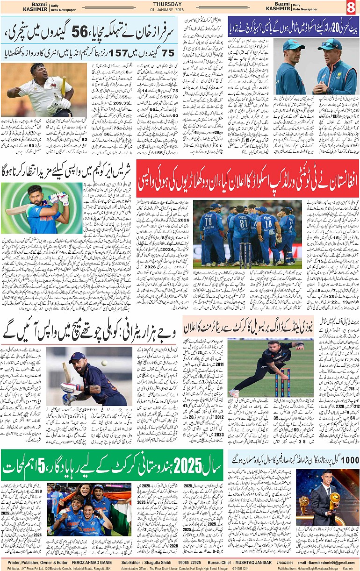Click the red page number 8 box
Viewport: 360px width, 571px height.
(350, 7)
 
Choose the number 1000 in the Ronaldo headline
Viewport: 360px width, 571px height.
(350, 460)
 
